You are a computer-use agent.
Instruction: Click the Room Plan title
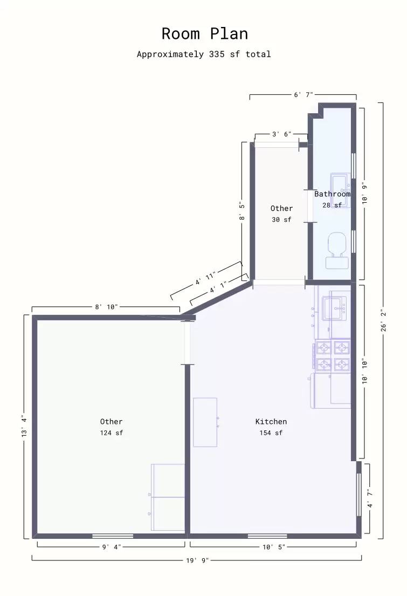tap(205, 34)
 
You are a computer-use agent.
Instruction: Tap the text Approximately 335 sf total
tap(204, 54)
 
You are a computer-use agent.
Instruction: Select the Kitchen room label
tap(271, 422)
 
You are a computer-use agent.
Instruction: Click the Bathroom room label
tap(332, 194)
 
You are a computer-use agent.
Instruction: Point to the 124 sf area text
tap(111, 433)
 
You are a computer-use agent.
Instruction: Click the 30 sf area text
tap(281, 220)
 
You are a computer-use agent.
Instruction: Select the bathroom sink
tap(340, 183)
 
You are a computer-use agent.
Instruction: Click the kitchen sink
tap(334, 309)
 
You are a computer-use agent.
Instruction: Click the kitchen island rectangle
tap(205, 422)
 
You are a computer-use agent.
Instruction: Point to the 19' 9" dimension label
tap(197, 560)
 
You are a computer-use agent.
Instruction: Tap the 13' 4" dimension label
tap(24, 427)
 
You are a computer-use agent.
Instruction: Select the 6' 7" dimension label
tap(303, 94)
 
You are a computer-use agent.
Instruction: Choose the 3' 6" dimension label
tap(281, 134)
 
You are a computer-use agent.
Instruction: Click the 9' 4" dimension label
tap(111, 547)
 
